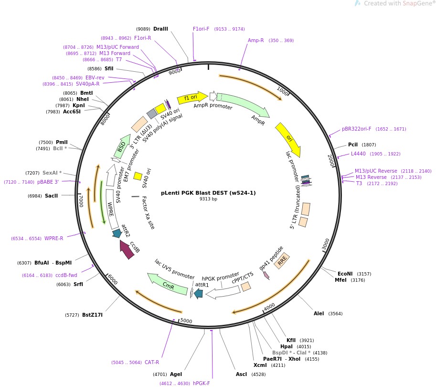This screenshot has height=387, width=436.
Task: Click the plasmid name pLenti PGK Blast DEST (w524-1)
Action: point(208,193)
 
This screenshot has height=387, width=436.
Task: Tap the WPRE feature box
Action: point(112,209)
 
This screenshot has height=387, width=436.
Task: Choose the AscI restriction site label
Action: point(241,374)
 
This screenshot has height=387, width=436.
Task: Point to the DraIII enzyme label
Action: point(160,29)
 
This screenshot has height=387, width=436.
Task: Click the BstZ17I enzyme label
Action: point(92,315)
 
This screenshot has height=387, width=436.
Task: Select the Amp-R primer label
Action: point(255,40)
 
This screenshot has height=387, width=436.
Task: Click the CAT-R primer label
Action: point(152,362)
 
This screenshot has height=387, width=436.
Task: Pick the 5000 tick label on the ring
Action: point(186,321)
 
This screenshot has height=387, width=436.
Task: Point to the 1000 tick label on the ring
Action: point(283,91)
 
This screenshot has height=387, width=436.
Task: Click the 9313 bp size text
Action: point(208,199)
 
